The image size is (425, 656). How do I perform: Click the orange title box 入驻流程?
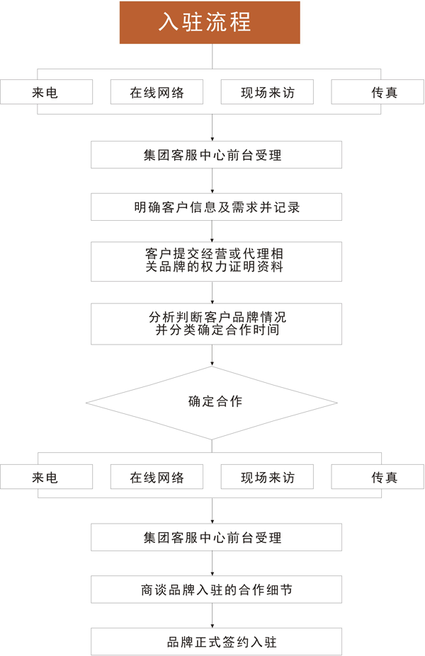[x=210, y=22]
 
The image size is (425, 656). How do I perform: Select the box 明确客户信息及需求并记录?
[x=216, y=207]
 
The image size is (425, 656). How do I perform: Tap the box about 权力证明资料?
[x=216, y=261]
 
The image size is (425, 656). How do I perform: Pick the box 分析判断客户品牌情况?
[x=216, y=324]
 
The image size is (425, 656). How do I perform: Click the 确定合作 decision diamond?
[x=212, y=403]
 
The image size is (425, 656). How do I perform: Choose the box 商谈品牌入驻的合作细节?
[x=216, y=589]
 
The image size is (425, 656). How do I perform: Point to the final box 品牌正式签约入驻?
[x=216, y=641]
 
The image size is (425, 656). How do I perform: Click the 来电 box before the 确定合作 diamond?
[x=47, y=92]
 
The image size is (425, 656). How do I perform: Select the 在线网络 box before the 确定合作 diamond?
[x=157, y=92]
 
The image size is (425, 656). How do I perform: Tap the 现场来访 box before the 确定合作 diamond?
[x=267, y=92]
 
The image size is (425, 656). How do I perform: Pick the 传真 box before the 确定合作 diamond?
[x=378, y=92]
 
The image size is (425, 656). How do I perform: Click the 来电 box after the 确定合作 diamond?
[x=47, y=476]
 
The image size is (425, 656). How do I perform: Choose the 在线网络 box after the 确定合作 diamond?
[x=157, y=476]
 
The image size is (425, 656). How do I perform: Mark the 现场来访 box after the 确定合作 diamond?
[x=267, y=476]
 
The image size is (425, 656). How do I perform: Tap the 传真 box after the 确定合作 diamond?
[x=378, y=476]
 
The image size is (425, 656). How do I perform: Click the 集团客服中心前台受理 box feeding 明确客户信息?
[x=216, y=155]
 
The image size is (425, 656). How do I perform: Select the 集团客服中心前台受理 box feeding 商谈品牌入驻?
[x=216, y=537]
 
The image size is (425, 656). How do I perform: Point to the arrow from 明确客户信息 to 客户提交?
[x=212, y=231]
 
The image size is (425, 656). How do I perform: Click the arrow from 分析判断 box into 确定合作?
[x=212, y=356]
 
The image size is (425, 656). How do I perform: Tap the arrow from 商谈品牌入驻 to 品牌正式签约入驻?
[x=212, y=616]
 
